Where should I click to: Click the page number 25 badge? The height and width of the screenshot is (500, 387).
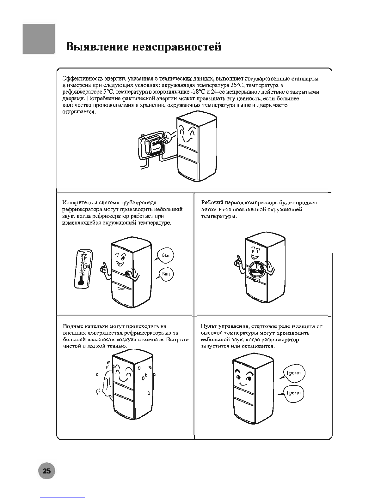(x=46, y=471)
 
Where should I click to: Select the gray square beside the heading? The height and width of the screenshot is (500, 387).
(x=39, y=39)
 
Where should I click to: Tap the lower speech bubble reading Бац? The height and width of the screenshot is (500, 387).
(x=165, y=274)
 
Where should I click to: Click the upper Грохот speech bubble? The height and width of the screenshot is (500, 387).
(x=293, y=373)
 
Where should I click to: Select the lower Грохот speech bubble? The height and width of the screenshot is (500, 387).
(x=293, y=393)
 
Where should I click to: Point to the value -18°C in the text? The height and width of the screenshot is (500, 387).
(x=199, y=92)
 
